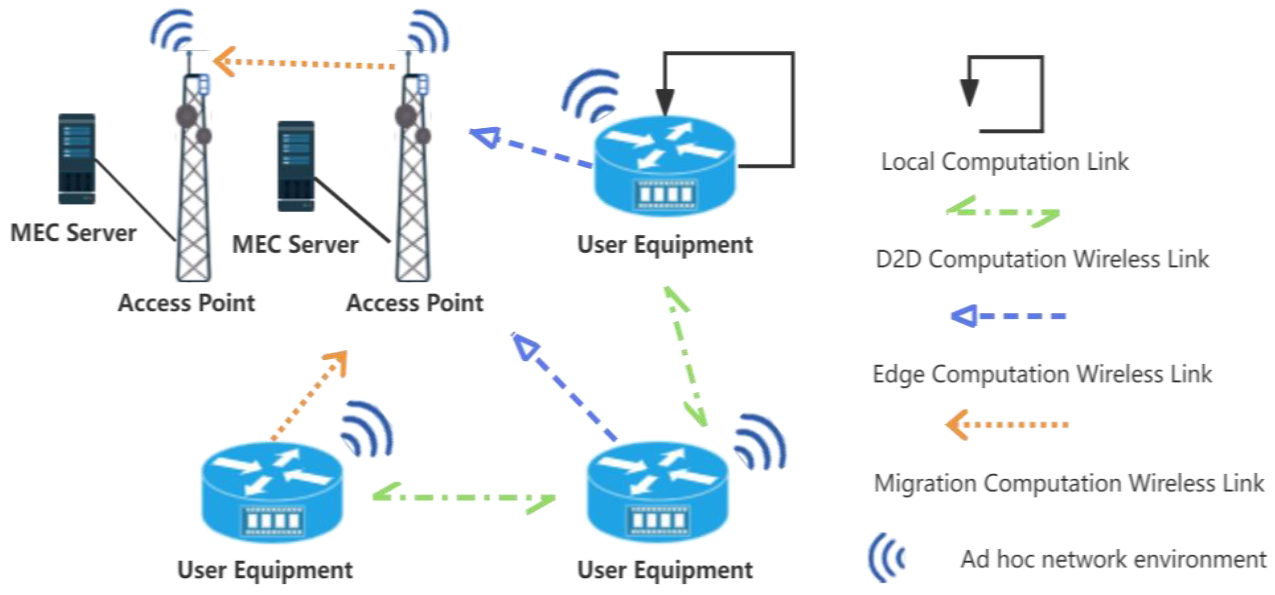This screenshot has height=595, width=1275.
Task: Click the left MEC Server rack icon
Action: [77, 159]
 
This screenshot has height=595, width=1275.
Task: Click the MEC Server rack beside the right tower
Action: [296, 166]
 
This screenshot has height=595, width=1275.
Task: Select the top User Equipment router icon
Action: [665, 166]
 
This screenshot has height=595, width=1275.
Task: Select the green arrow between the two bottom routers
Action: [464, 497]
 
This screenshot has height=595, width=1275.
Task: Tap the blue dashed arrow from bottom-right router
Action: [564, 387]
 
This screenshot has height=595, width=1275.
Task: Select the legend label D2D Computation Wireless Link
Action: [1042, 259]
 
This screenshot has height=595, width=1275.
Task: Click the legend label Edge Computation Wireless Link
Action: [1042, 374]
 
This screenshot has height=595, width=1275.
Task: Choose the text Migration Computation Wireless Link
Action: [1069, 483]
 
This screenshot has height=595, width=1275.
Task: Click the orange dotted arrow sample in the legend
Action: [1007, 424]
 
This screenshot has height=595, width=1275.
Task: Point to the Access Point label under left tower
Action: [187, 303]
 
